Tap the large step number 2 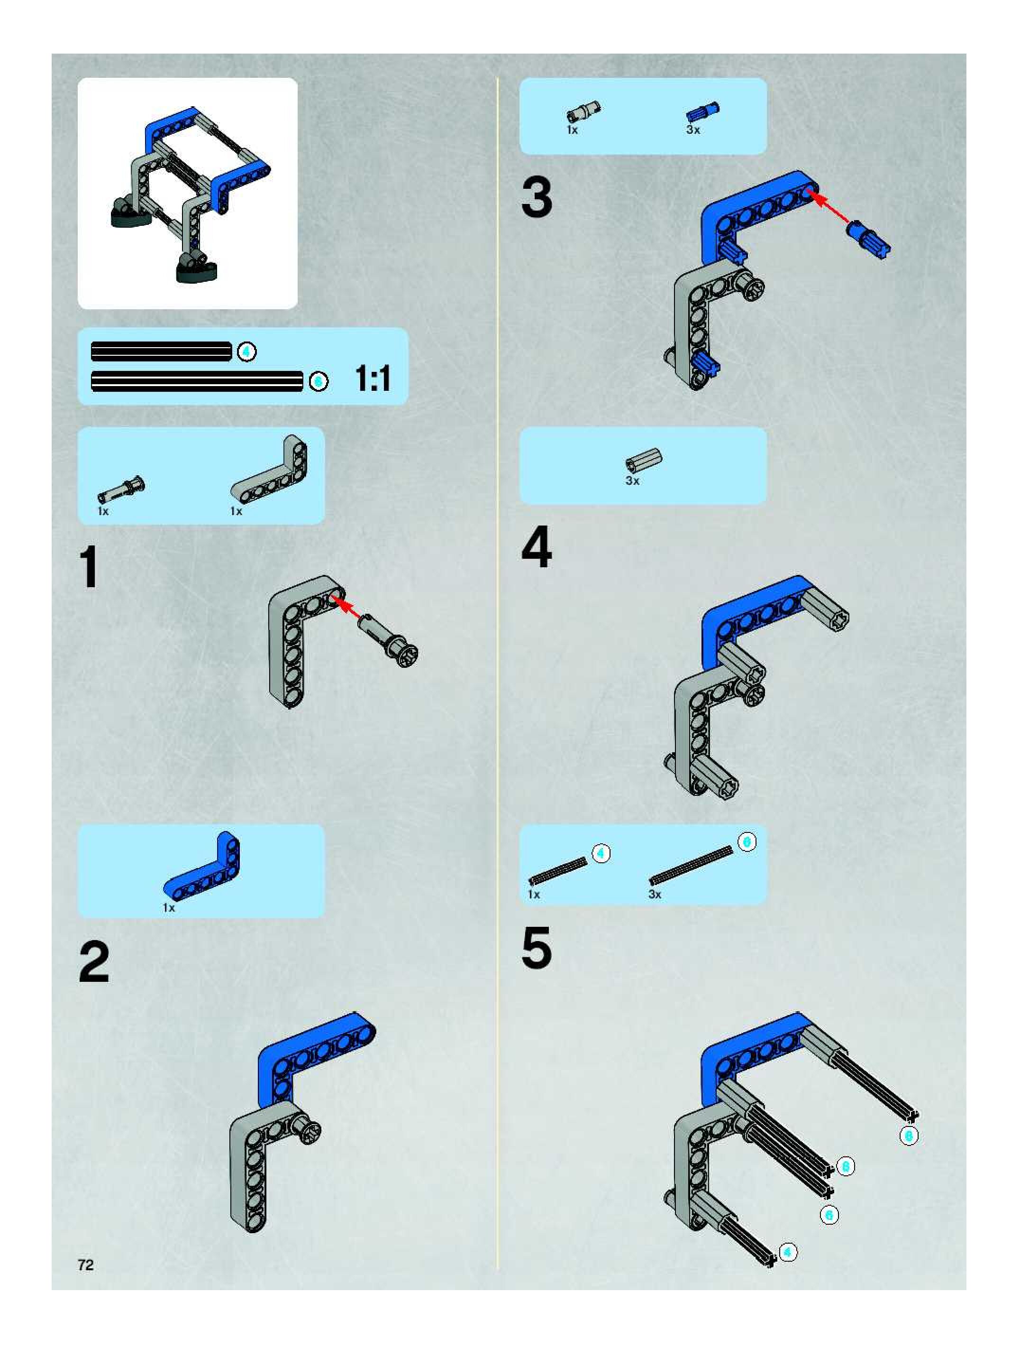(94, 963)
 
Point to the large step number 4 (537, 547)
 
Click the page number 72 (86, 1265)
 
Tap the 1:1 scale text (373, 379)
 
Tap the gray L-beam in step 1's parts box (270, 469)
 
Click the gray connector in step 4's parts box (644, 461)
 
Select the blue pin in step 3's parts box (703, 112)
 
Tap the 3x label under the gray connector (632, 481)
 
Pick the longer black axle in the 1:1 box (197, 381)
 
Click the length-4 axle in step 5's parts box (557, 871)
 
